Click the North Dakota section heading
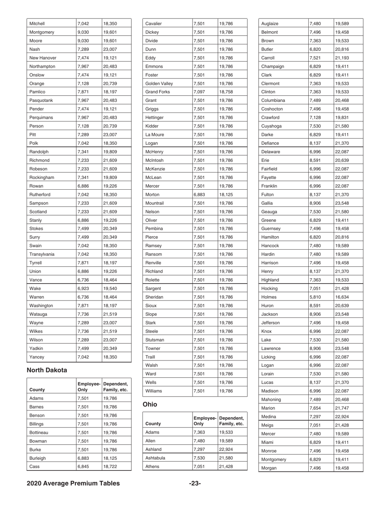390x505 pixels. [x=46, y=370]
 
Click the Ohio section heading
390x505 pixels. [x=150, y=404]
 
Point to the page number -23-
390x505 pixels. [x=195, y=483]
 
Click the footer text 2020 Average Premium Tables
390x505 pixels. [x=73, y=483]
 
